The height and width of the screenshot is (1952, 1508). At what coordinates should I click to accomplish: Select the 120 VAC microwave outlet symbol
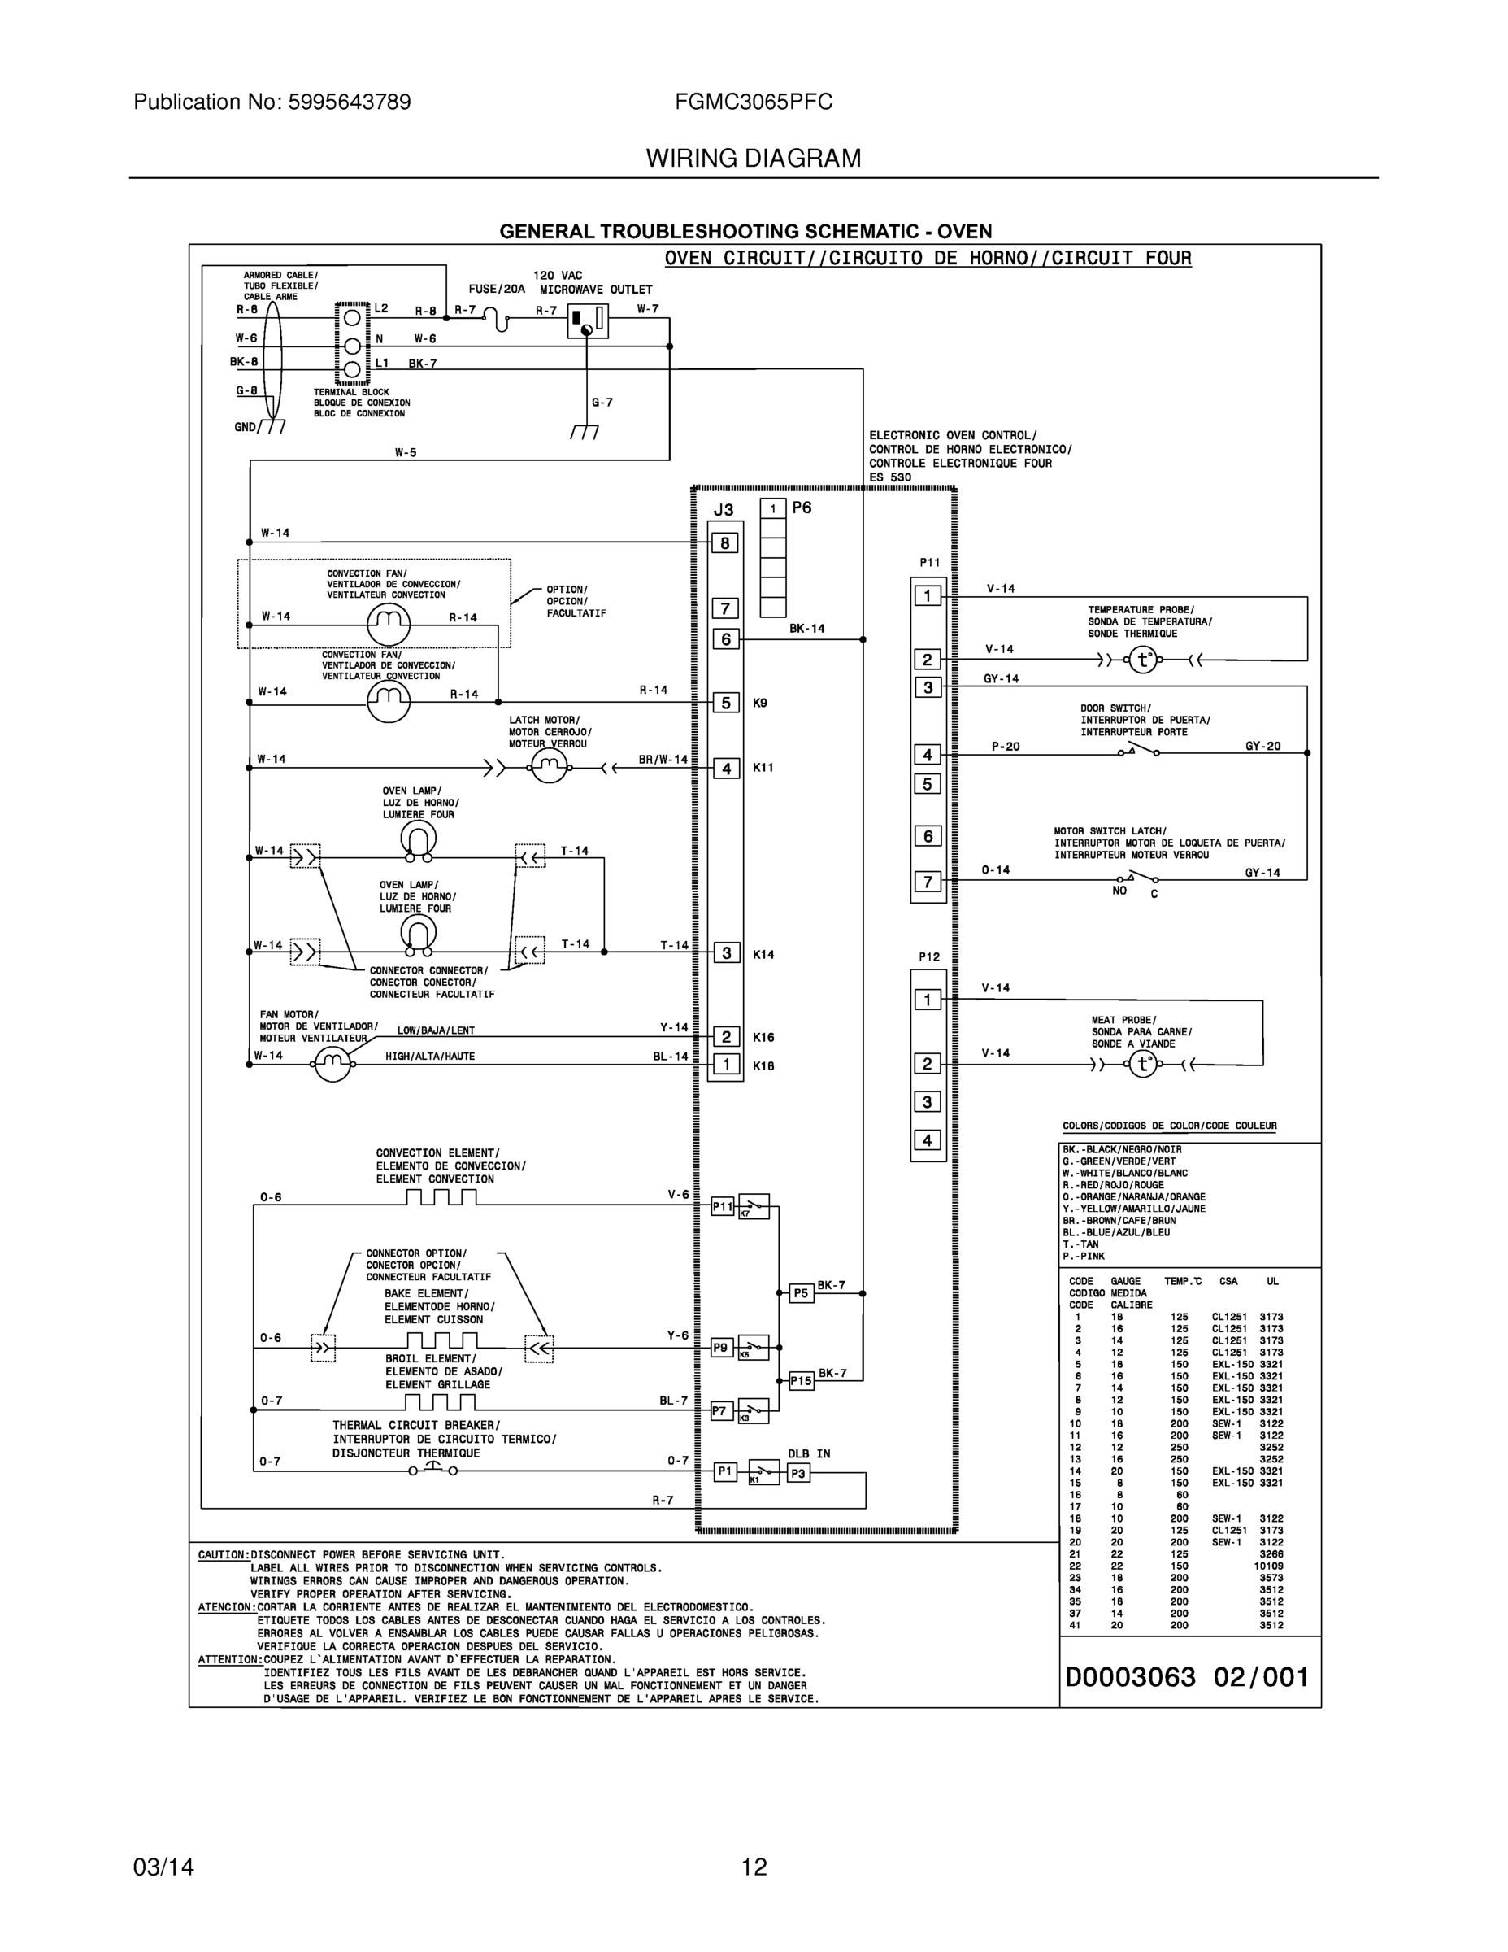point(587,321)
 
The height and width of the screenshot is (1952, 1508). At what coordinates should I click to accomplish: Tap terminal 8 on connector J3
point(724,542)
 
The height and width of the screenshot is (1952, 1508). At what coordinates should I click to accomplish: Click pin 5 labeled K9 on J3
point(725,703)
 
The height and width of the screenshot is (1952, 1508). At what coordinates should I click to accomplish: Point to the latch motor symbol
point(549,766)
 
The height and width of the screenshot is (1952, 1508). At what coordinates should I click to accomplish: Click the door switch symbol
point(1138,751)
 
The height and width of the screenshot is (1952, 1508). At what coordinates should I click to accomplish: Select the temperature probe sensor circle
point(1143,660)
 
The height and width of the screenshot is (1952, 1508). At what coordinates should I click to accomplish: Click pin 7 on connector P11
point(928,882)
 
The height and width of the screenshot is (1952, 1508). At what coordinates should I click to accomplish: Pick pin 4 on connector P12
point(927,1140)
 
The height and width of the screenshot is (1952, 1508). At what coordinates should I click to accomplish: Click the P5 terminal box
point(802,1293)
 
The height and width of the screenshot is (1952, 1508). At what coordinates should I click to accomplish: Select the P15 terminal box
point(802,1381)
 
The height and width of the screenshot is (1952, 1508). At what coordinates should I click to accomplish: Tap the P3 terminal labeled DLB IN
point(797,1474)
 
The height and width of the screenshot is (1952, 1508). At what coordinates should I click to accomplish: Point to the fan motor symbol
point(332,1064)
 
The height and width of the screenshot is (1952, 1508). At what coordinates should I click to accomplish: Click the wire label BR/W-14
point(663,760)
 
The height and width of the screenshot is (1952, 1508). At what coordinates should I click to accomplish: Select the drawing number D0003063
point(1130,1677)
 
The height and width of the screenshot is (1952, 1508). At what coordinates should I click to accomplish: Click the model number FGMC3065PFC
point(753,102)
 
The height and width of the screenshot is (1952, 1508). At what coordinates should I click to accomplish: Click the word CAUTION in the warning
point(223,1555)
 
